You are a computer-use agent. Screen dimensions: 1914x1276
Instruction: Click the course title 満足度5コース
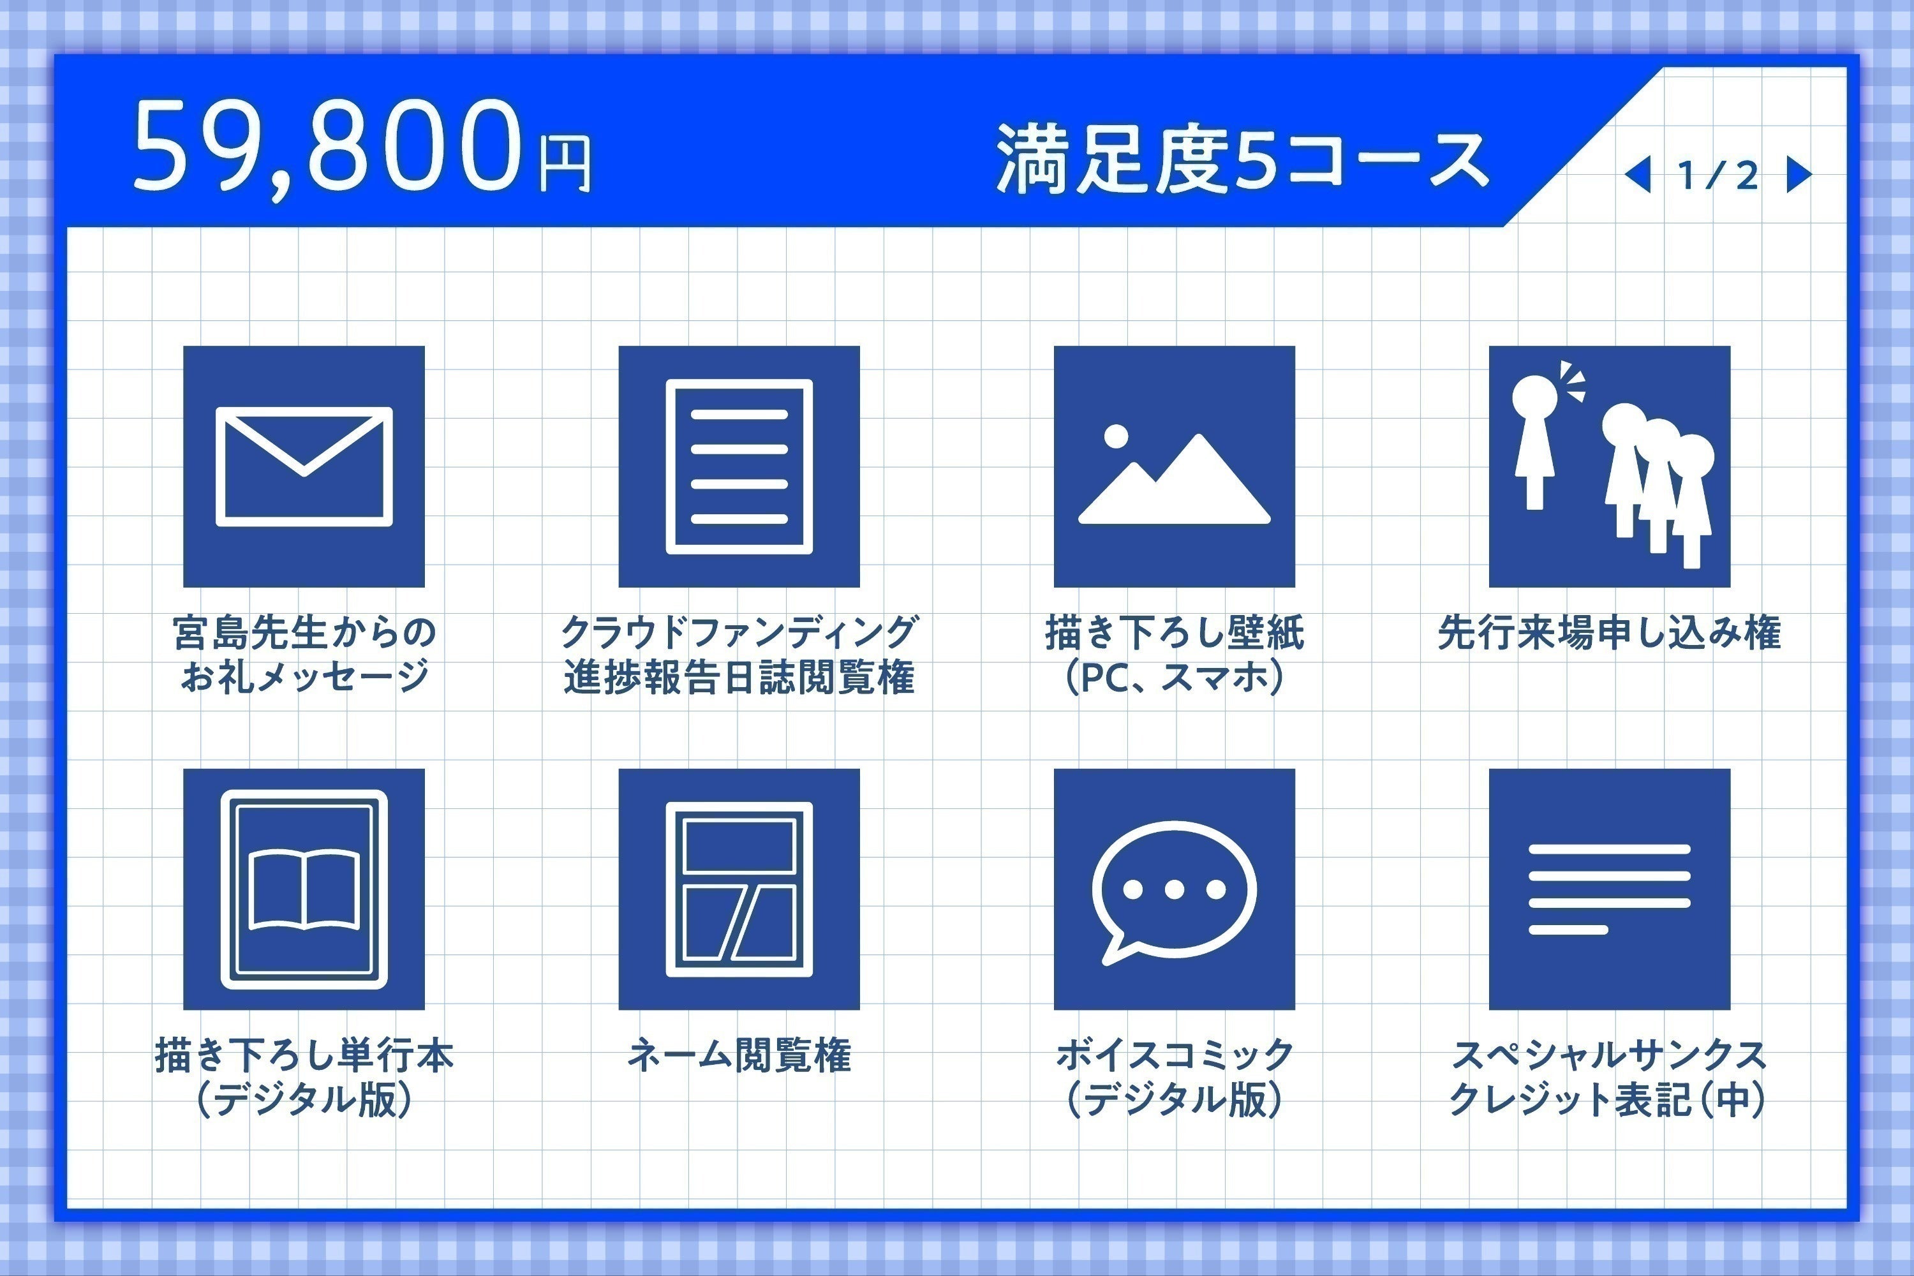click(x=1243, y=159)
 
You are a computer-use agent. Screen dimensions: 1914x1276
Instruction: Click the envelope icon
click(x=304, y=466)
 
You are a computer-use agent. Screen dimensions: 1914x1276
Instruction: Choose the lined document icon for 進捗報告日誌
click(x=739, y=466)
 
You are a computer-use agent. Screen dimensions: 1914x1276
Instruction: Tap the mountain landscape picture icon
click(x=1175, y=466)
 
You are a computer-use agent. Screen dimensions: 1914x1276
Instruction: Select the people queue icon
click(x=1610, y=466)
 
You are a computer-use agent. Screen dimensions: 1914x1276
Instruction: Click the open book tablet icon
click(x=304, y=889)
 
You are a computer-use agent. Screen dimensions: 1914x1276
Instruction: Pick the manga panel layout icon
click(x=739, y=889)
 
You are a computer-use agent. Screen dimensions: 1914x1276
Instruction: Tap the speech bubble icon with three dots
click(x=1175, y=889)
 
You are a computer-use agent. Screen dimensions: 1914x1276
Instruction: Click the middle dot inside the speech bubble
click(x=1173, y=889)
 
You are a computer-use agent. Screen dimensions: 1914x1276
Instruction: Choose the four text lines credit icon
click(x=1610, y=889)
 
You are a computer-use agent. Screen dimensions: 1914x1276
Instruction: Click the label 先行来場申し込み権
click(x=1609, y=632)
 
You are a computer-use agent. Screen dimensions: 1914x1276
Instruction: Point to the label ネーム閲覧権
click(x=739, y=1055)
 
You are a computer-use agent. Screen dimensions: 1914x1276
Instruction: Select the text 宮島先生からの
click(x=304, y=632)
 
